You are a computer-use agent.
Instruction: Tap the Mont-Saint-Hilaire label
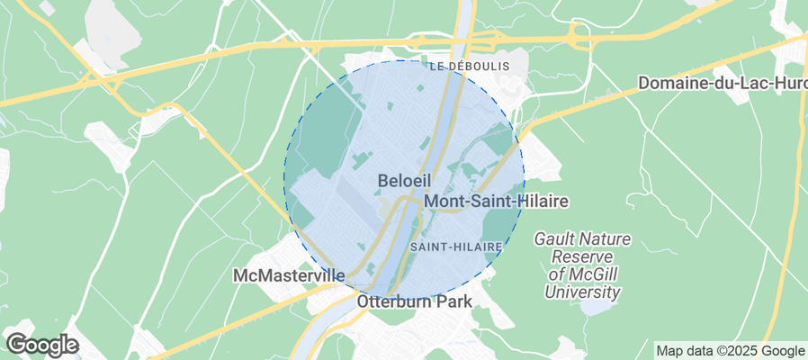[x=496, y=202]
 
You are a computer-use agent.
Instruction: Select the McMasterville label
[x=289, y=274]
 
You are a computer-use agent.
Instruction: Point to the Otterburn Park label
[x=414, y=301]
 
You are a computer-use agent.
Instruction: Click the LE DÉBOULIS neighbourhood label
[x=469, y=67]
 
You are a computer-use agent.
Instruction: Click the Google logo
[x=42, y=344]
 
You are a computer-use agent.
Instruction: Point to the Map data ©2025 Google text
[x=730, y=351]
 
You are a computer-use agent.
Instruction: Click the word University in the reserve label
[x=582, y=292]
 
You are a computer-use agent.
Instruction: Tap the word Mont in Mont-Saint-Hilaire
[x=443, y=202]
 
